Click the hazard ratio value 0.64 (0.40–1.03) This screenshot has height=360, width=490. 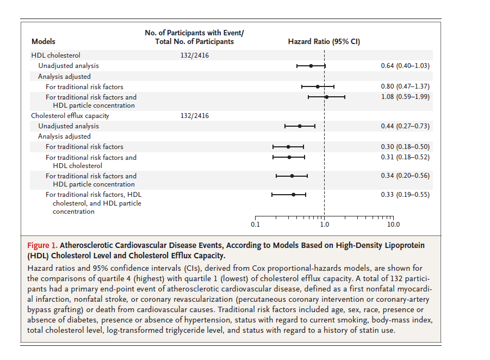(405, 66)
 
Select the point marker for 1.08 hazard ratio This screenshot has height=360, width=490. (326, 97)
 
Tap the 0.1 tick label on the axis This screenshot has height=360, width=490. (255, 225)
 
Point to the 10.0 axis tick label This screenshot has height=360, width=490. (393, 225)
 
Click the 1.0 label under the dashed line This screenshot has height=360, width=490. (324, 225)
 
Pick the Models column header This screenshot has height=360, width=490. (44, 41)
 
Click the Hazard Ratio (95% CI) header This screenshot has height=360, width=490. (324, 41)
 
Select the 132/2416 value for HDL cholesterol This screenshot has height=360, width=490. (194, 55)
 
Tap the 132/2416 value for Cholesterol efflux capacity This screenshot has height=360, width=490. (194, 116)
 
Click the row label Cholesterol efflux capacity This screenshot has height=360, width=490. (70, 116)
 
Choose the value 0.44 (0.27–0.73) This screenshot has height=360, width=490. (405, 126)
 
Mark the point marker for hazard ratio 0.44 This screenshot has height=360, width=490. (300, 126)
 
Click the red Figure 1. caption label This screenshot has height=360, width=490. (42, 245)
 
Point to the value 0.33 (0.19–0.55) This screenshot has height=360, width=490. (405, 195)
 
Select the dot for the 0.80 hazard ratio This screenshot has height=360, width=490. (318, 86)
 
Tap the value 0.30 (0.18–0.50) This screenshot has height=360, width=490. (405, 147)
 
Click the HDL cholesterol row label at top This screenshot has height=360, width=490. (55, 55)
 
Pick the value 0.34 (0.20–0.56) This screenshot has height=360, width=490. (405, 176)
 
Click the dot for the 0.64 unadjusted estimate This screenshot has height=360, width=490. (311, 66)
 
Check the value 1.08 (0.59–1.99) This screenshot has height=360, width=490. (405, 97)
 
